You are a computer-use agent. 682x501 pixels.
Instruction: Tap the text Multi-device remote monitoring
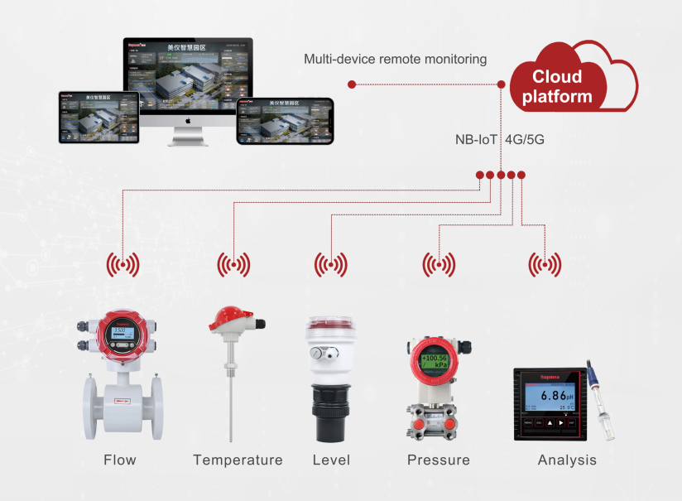tap(395, 59)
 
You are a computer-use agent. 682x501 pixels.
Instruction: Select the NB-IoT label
tap(476, 139)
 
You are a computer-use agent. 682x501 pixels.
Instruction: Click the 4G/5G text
tap(524, 139)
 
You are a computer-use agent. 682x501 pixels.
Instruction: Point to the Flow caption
tap(120, 460)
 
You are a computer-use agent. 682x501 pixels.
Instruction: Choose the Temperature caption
tap(238, 460)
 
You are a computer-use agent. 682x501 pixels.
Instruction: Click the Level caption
tap(331, 460)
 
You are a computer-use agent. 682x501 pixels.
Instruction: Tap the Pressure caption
tap(438, 460)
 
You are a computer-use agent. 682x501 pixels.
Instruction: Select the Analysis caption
tap(567, 460)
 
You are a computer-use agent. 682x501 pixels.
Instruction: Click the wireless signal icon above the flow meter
tap(122, 265)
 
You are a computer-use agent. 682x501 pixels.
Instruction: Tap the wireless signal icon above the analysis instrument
tap(545, 265)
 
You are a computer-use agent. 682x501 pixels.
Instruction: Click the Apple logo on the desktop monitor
tap(188, 120)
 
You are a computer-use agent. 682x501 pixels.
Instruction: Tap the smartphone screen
tap(285, 122)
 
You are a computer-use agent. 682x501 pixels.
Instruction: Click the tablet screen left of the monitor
tap(96, 117)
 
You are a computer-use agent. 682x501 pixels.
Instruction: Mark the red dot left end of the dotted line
tap(352, 84)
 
